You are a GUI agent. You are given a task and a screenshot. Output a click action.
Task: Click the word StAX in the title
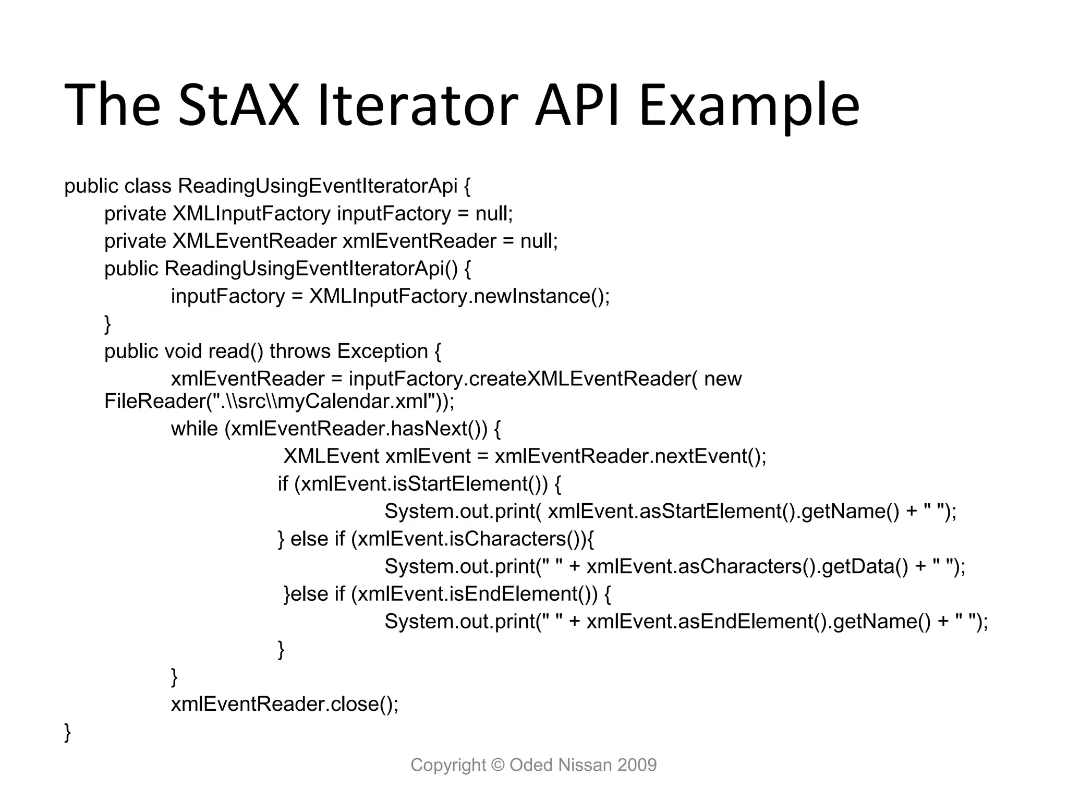point(238,105)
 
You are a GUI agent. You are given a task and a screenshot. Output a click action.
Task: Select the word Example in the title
point(749,105)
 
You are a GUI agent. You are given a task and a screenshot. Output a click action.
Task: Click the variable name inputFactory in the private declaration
point(394,214)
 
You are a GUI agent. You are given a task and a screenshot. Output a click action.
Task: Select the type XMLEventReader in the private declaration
point(254,241)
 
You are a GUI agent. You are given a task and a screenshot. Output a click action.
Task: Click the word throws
point(300,351)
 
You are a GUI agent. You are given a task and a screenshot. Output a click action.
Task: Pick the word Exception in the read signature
point(382,351)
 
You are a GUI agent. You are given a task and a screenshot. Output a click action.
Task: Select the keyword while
point(194,429)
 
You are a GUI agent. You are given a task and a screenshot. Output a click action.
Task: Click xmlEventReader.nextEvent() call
point(629,456)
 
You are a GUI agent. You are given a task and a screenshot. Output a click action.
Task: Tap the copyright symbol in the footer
point(498,765)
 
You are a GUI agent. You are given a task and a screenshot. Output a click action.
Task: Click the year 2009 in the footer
point(637,765)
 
